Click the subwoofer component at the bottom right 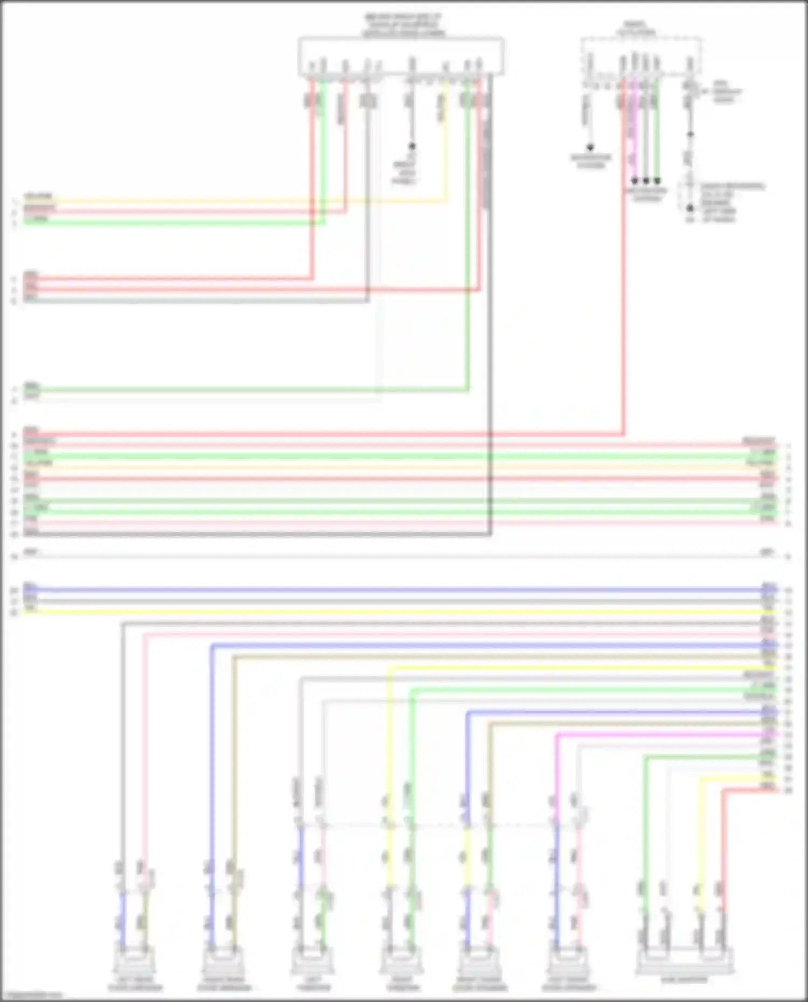[684, 962]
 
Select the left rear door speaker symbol [134, 962]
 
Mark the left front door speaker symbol [568, 962]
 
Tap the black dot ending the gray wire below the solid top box [412, 146]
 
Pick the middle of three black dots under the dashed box [646, 181]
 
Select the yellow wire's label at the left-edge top [38, 197]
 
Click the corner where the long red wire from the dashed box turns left [624, 434]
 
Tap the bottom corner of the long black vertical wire [490, 534]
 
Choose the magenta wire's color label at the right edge [768, 734]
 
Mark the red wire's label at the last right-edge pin [768, 788]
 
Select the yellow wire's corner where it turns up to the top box [446, 202]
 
